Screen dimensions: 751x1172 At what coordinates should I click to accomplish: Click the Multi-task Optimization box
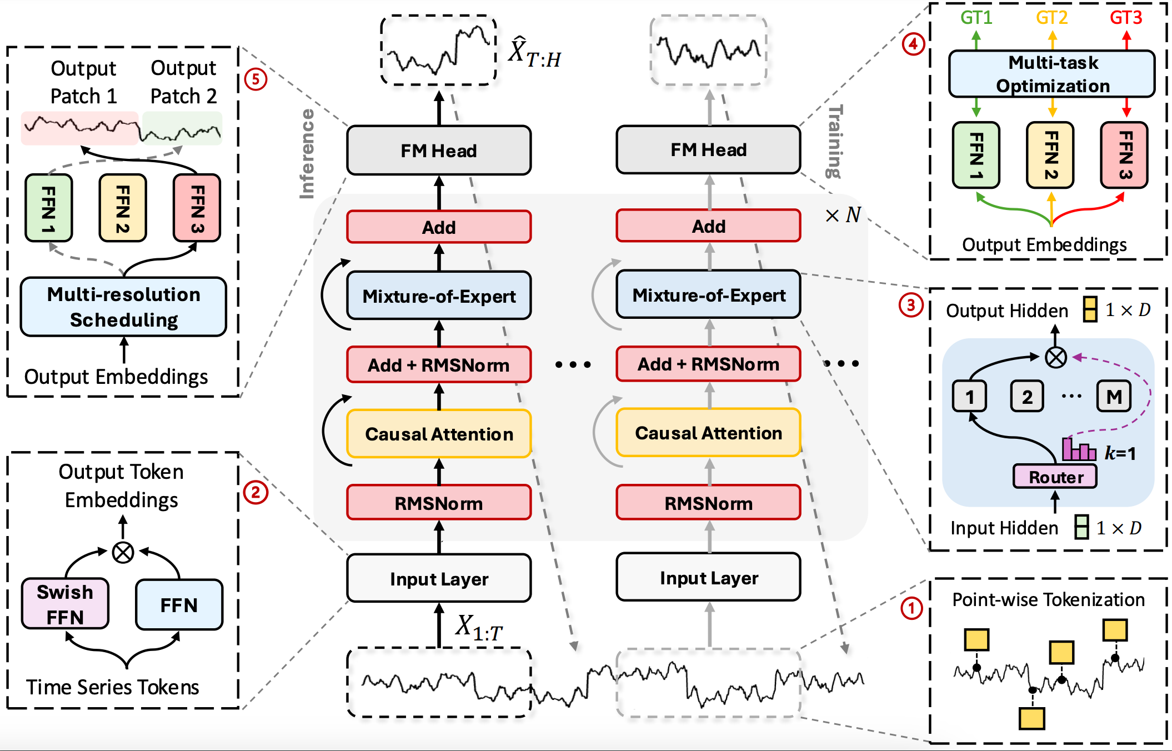(1052, 74)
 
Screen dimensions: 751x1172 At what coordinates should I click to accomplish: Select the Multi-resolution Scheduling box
(123, 307)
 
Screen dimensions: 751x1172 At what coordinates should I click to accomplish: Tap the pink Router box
(1055, 477)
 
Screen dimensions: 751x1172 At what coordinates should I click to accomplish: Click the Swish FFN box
(65, 604)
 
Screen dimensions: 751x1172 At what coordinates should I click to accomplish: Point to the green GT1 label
(976, 18)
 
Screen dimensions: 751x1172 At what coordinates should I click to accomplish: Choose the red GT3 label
(1126, 18)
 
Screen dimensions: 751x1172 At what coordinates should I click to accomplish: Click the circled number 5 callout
(256, 79)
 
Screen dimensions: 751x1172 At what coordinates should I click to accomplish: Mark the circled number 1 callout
(911, 608)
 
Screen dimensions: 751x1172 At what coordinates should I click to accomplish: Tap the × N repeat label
(843, 215)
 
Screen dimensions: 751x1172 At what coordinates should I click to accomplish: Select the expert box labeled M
(1114, 397)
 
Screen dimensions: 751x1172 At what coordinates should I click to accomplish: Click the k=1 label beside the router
(1120, 453)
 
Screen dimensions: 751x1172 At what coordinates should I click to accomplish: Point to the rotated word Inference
(307, 154)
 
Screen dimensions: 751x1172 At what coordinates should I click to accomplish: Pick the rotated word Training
(834, 142)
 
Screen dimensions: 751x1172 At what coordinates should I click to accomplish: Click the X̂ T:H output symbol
(534, 52)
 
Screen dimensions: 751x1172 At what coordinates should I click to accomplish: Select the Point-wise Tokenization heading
(1048, 600)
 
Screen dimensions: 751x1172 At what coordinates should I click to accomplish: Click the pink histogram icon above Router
(1078, 449)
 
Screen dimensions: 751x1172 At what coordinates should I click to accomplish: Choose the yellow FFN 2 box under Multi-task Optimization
(1050, 155)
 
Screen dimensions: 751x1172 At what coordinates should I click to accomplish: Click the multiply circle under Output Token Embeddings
(123, 552)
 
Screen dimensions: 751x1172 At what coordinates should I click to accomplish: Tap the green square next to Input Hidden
(1081, 527)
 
